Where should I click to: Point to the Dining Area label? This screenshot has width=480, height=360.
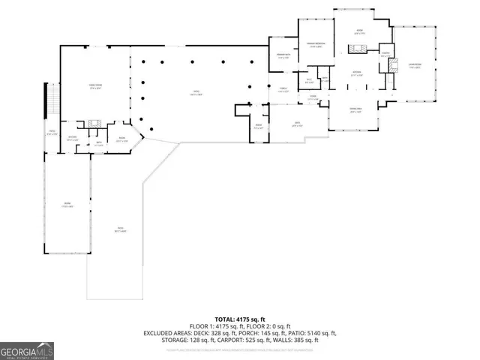coord(357,109)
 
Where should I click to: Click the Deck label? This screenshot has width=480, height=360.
coord(297,124)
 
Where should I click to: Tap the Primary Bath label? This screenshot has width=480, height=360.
coord(283,56)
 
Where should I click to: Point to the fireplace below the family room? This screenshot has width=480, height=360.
coord(93,124)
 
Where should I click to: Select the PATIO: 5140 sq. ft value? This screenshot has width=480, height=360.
coord(311,333)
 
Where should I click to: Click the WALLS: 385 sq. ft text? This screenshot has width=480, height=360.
coord(296,340)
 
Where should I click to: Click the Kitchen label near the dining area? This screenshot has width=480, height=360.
coord(358,73)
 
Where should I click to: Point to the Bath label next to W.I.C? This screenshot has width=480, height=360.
coord(324,79)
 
